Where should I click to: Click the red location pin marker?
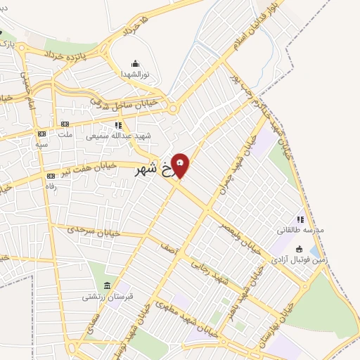click(x=181, y=165)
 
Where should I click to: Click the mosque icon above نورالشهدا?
click(x=136, y=63)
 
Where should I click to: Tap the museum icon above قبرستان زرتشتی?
click(x=107, y=285)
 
